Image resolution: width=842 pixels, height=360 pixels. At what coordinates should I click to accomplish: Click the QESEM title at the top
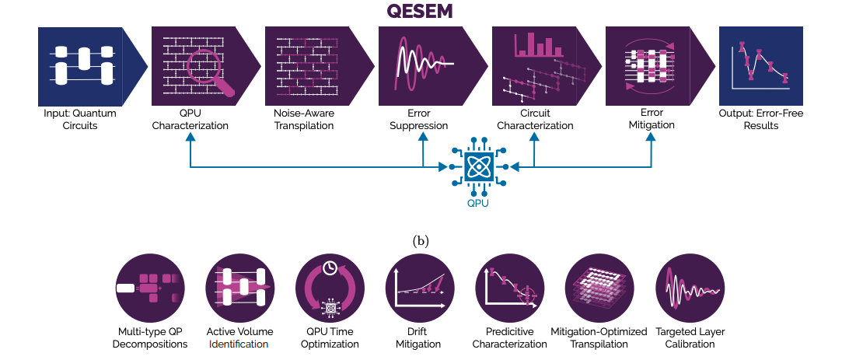click(x=420, y=12)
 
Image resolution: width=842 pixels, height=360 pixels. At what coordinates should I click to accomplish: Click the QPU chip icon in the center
click(x=476, y=167)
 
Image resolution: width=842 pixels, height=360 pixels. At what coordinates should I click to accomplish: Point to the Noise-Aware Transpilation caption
click(x=304, y=119)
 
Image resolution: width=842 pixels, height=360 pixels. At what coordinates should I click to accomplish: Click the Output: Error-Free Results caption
click(x=760, y=119)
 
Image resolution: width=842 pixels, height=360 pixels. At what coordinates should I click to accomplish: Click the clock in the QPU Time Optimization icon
click(x=330, y=268)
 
